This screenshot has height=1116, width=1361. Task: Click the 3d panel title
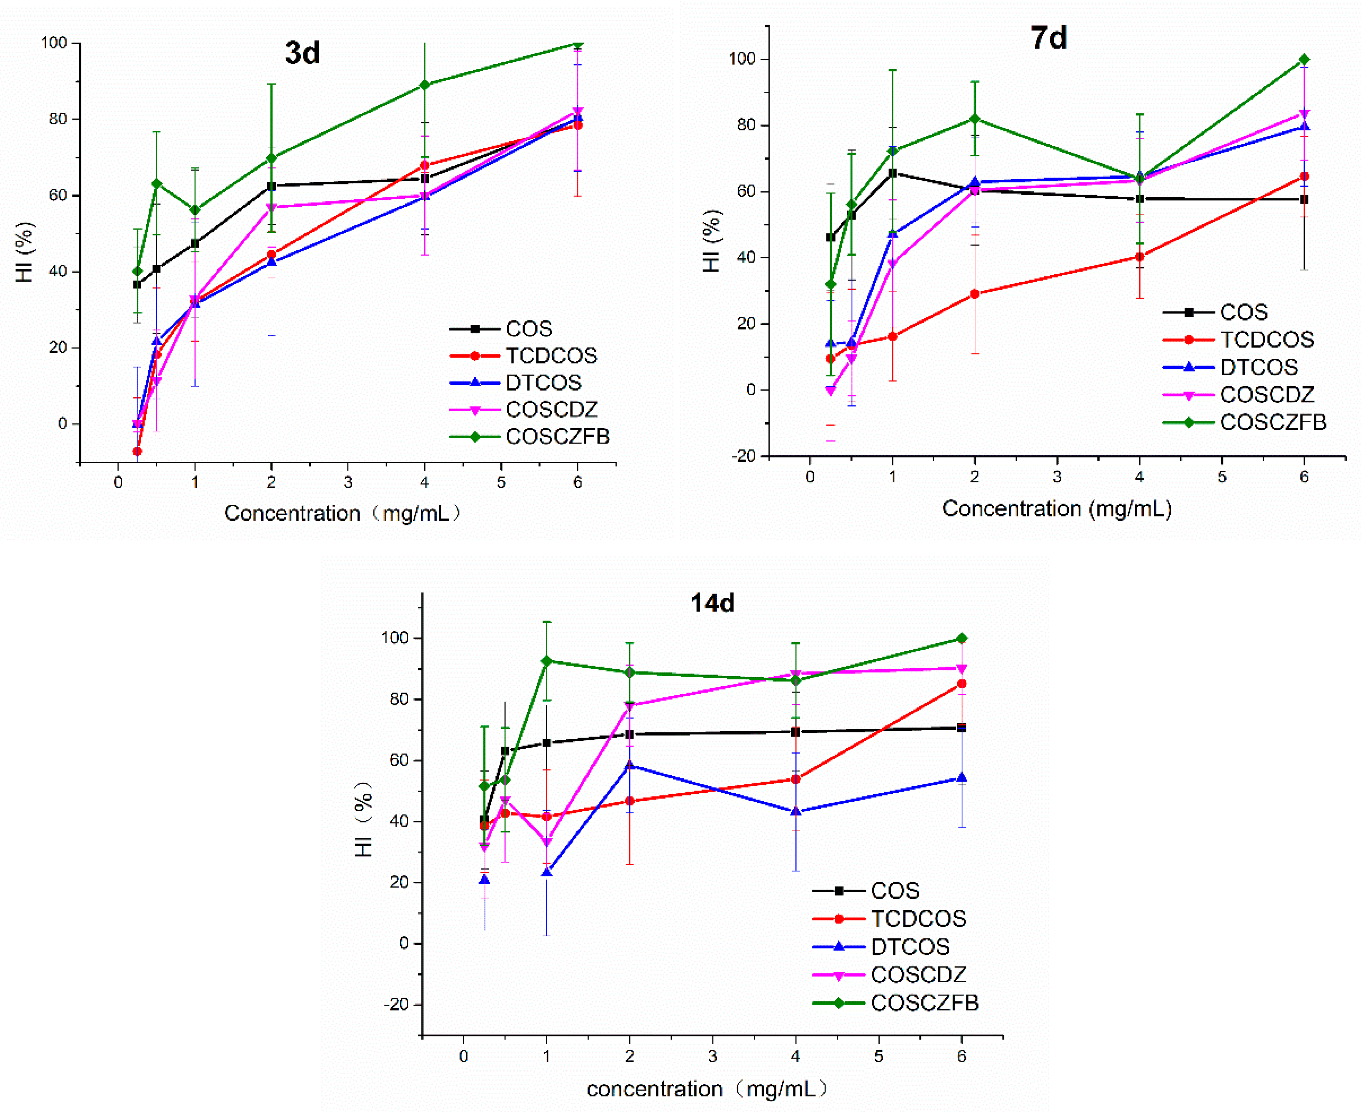coord(303,53)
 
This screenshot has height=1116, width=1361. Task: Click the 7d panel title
coord(1049,38)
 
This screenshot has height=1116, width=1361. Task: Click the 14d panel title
coord(713,603)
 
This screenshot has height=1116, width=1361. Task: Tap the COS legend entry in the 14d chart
coord(866,891)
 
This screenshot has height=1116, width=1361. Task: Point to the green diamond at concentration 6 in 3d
coord(578,44)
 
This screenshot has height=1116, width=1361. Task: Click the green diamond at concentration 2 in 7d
coord(975,119)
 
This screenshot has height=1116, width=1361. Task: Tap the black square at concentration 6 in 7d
coord(1304,199)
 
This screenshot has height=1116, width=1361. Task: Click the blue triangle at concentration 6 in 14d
coord(962,778)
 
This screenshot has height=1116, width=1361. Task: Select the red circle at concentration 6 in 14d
coord(962,684)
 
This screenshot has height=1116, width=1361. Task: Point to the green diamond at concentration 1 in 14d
coord(547,661)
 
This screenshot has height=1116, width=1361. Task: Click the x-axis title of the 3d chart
coord(343,513)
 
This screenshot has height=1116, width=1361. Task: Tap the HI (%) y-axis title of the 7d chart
coord(711,241)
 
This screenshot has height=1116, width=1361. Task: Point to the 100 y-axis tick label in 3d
coord(54,43)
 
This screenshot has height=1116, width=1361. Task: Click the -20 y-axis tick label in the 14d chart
coord(396,1005)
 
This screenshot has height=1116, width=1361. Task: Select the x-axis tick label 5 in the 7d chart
coord(1222,477)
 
